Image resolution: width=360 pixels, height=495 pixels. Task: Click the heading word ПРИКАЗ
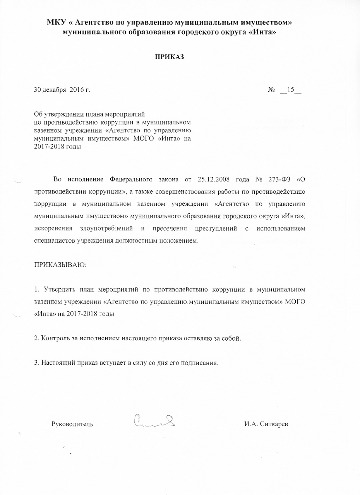click(169, 57)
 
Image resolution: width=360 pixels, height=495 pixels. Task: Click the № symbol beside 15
click(271, 90)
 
